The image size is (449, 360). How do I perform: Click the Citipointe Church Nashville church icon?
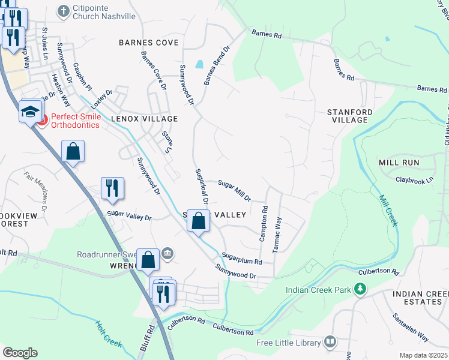(63, 11)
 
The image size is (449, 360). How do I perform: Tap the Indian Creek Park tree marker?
(360, 290)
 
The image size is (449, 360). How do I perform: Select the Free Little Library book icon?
(330, 343)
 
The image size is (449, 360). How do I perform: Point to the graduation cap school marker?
(30, 111)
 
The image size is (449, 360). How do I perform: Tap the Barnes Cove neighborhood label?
(149, 43)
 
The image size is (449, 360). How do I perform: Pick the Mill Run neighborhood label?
(399, 163)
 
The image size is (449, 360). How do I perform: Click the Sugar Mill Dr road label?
(234, 190)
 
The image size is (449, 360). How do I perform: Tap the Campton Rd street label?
(263, 223)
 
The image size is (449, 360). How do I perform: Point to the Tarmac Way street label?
(277, 235)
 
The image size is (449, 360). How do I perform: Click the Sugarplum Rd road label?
(241, 259)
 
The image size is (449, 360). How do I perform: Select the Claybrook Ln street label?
(414, 180)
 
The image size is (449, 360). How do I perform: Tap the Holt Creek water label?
(109, 334)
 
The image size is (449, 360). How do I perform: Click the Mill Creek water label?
(388, 209)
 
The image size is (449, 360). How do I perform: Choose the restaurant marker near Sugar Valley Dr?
(112, 188)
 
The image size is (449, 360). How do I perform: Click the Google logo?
(20, 353)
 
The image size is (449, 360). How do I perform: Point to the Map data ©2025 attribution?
(424, 355)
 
